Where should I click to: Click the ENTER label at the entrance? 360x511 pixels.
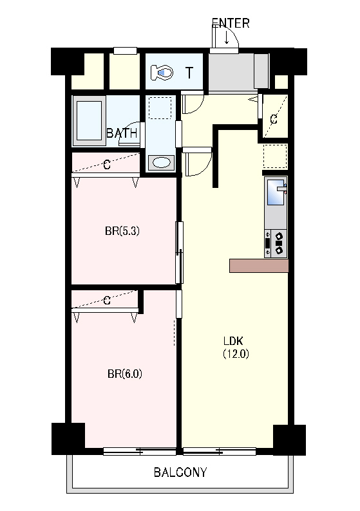pyautogui.click(x=231, y=23)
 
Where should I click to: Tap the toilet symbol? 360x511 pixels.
pyautogui.click(x=162, y=72)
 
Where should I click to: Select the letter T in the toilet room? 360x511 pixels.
pyautogui.click(x=189, y=73)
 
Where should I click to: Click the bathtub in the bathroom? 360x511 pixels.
pyautogui.click(x=89, y=120)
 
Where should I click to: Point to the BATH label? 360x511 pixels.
pyautogui.click(x=122, y=133)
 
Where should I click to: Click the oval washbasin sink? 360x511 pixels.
pyautogui.click(x=162, y=162)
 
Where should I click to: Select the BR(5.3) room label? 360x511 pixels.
pyautogui.click(x=122, y=231)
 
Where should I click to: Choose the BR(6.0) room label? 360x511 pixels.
pyautogui.click(x=124, y=373)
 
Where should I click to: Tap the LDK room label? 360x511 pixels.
pyautogui.click(x=233, y=341)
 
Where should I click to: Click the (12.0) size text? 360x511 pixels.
pyautogui.click(x=236, y=353)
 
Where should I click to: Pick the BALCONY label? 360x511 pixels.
pyautogui.click(x=180, y=472)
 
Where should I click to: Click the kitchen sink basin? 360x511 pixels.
pyautogui.click(x=276, y=192)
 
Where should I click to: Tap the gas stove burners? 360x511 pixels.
pyautogui.click(x=279, y=243)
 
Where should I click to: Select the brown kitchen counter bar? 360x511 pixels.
pyautogui.click(x=259, y=266)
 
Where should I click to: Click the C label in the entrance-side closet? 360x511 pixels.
pyautogui.click(x=274, y=119)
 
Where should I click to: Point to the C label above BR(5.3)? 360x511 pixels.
pyautogui.click(x=107, y=165)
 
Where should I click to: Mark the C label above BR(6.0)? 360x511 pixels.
pyautogui.click(x=107, y=300)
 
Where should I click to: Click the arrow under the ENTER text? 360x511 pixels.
pyautogui.click(x=227, y=37)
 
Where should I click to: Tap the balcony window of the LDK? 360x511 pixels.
pyautogui.click(x=220, y=451)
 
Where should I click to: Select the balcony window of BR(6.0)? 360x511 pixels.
pyautogui.click(x=140, y=451)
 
